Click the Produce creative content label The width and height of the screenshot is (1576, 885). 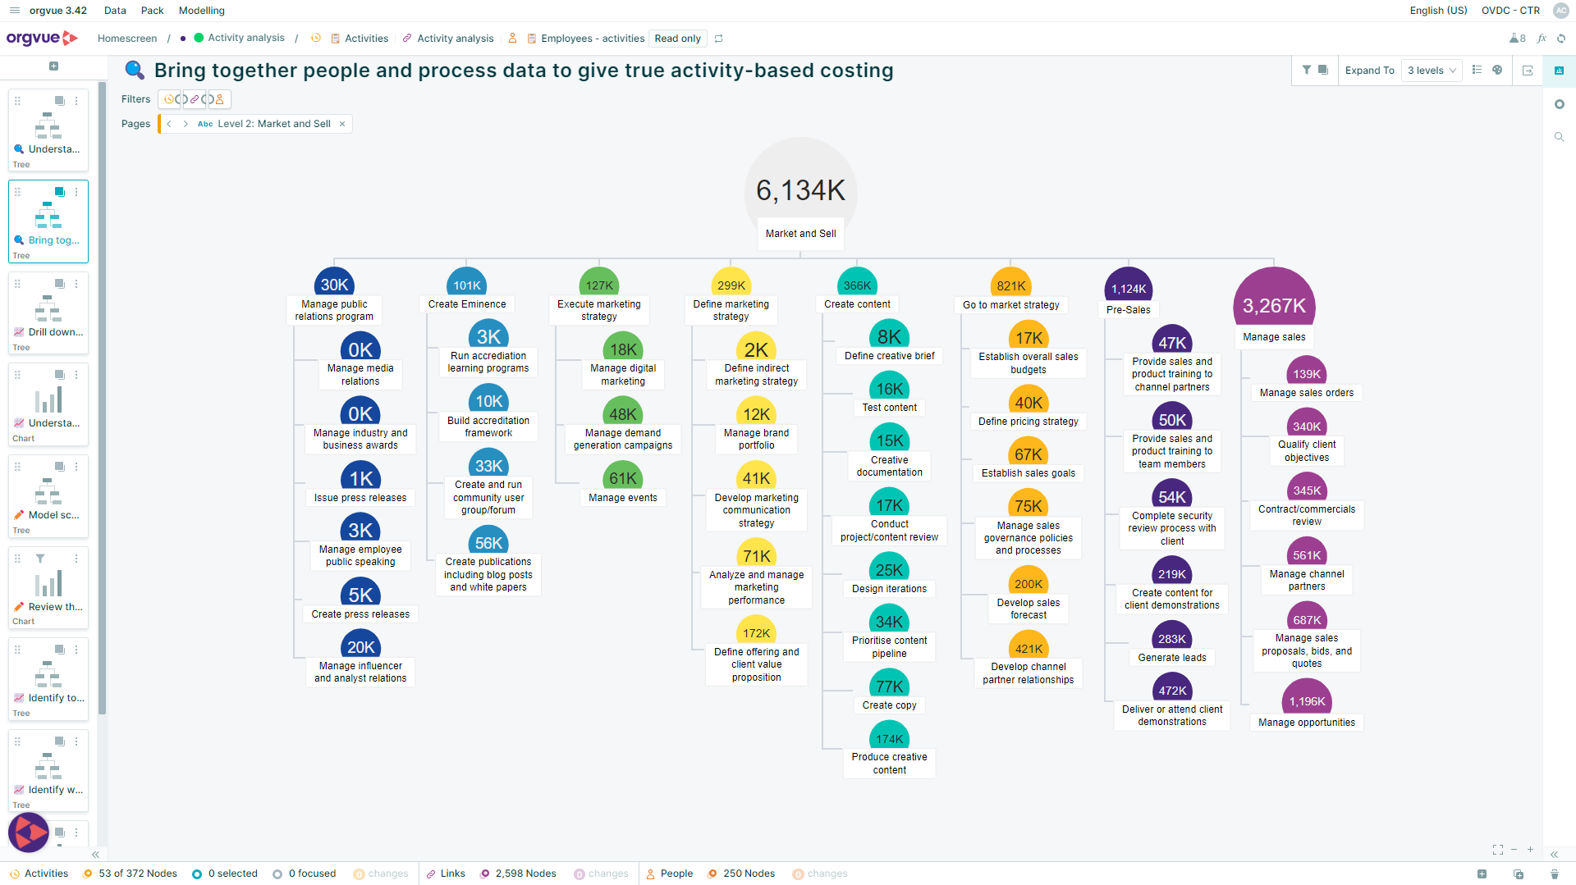click(889, 764)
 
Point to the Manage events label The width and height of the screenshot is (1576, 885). click(623, 498)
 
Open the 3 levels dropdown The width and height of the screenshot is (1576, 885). click(1432, 71)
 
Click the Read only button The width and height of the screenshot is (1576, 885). click(677, 39)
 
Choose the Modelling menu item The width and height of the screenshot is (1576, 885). click(201, 11)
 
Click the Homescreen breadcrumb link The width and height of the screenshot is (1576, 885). click(127, 39)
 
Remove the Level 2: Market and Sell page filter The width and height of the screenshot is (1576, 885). click(342, 124)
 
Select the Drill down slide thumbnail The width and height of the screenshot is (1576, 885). click(48, 313)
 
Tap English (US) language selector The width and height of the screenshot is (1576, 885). click(1438, 11)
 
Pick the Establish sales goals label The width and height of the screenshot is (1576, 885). click(1028, 473)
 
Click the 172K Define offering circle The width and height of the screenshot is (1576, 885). click(756, 632)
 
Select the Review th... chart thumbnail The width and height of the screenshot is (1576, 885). click(48, 588)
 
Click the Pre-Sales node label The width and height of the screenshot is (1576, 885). click(1128, 310)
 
